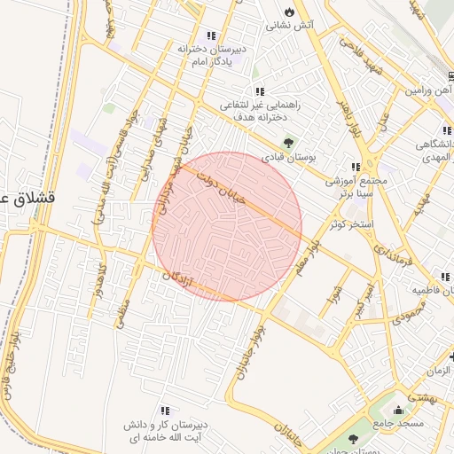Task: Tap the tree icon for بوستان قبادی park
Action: coord(288,142)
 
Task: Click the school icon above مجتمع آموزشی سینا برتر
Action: coord(356,167)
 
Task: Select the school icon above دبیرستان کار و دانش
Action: coord(165,411)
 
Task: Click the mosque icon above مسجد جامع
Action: coord(398,410)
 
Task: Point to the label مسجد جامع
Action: coord(399,424)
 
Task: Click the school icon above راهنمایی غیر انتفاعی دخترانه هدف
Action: coord(259,91)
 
